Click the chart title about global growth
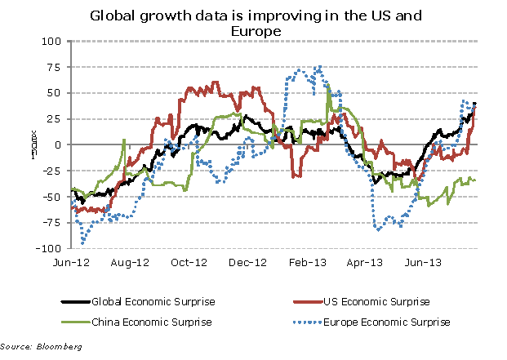254,22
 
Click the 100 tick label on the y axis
54,41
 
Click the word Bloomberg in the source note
58,348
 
